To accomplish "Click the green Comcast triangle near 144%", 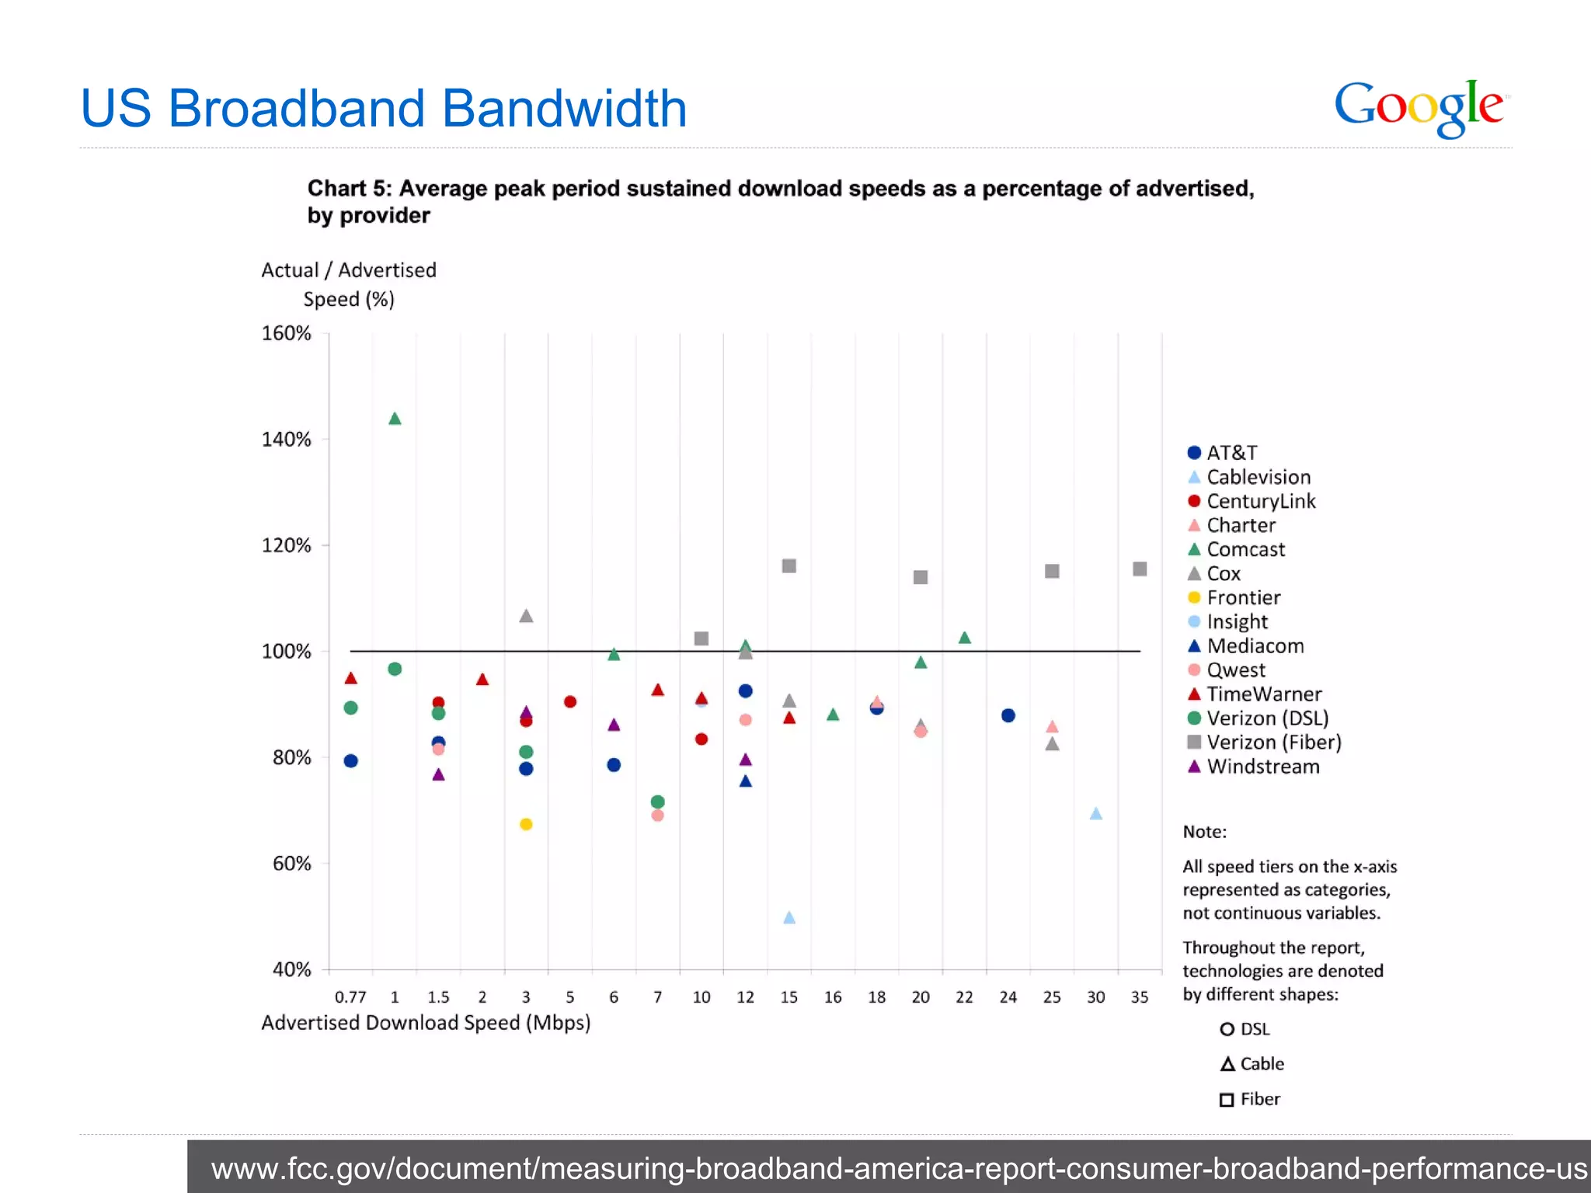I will (395, 419).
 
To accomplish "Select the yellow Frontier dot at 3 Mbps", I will (526, 824).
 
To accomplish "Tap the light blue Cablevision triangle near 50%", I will (789, 918).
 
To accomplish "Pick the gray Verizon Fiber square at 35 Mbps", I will (1140, 569).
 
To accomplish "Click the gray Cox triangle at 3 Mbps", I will (526, 617).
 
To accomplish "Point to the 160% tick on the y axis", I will (286, 333).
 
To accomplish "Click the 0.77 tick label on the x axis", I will (350, 997).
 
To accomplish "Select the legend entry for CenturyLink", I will (1260, 501).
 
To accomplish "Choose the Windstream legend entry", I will (1262, 767).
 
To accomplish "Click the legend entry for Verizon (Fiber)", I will (1272, 743).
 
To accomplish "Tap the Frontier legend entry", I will (1243, 597).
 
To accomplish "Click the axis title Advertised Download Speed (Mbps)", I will (426, 1023).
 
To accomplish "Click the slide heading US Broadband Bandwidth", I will (384, 108).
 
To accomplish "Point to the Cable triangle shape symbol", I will (1227, 1064).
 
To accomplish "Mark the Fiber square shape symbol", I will (1227, 1100).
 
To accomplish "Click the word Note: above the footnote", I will (1204, 832).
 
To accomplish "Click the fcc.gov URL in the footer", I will (898, 1168).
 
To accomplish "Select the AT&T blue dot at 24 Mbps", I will (1008, 715).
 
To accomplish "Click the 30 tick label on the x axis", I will (1095, 997).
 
